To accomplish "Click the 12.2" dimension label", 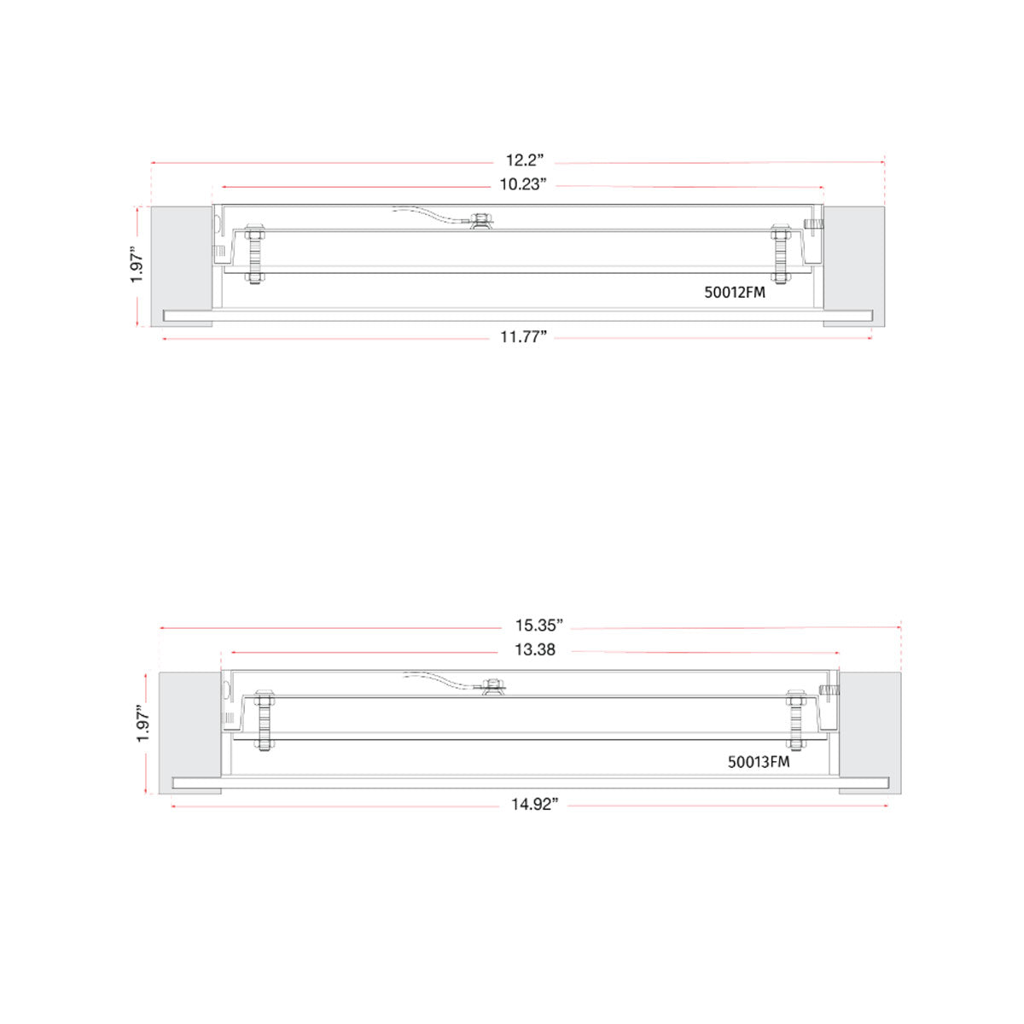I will click(x=524, y=160).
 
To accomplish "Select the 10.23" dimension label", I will click(x=522, y=185).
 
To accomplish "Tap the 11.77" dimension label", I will click(x=522, y=337).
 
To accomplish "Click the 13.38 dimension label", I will click(x=534, y=650).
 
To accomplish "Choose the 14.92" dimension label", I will click(x=534, y=804).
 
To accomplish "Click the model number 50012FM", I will click(x=734, y=292).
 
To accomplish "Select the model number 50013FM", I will click(x=758, y=762).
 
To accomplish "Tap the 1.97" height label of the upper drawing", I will click(x=137, y=265).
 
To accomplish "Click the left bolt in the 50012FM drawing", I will click(x=254, y=255).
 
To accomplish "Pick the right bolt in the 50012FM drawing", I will click(x=780, y=253).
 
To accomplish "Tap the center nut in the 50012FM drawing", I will click(x=481, y=221).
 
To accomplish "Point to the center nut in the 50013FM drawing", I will click(x=492, y=685).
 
